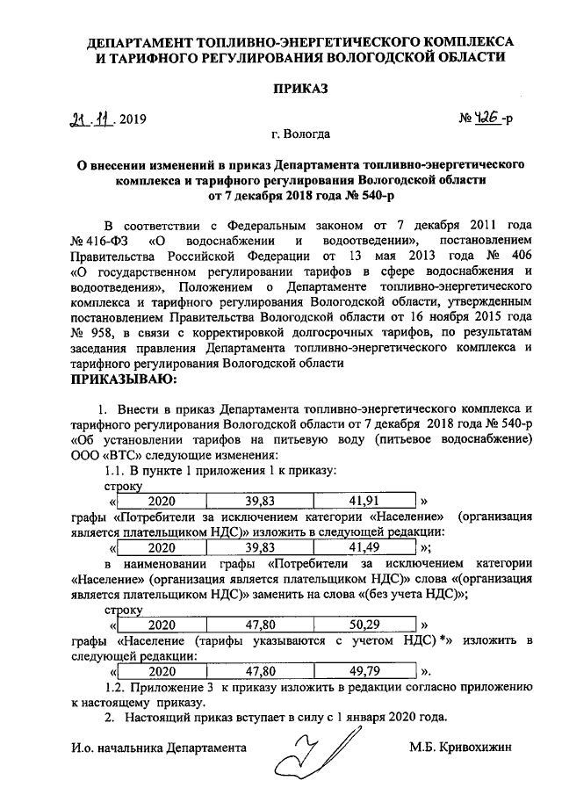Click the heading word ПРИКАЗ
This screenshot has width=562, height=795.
(299, 90)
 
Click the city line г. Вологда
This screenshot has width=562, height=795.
(301, 134)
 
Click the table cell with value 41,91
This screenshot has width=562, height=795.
(363, 502)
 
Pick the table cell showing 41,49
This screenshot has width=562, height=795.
(363, 546)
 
